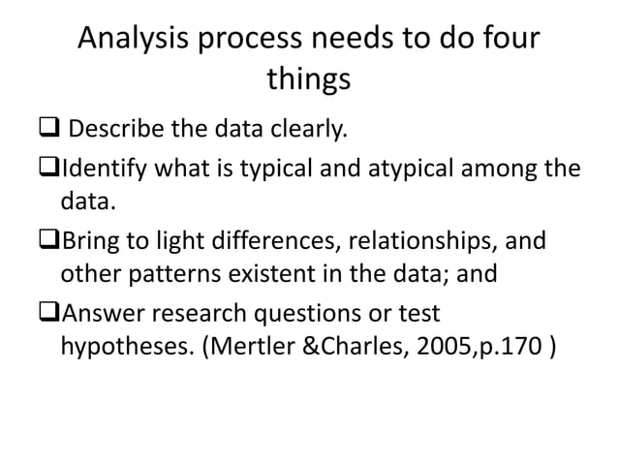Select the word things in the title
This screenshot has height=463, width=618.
click(309, 81)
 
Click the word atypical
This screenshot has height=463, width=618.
click(412, 170)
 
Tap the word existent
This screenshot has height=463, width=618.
click(267, 273)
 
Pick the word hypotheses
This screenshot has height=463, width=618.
click(123, 348)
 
